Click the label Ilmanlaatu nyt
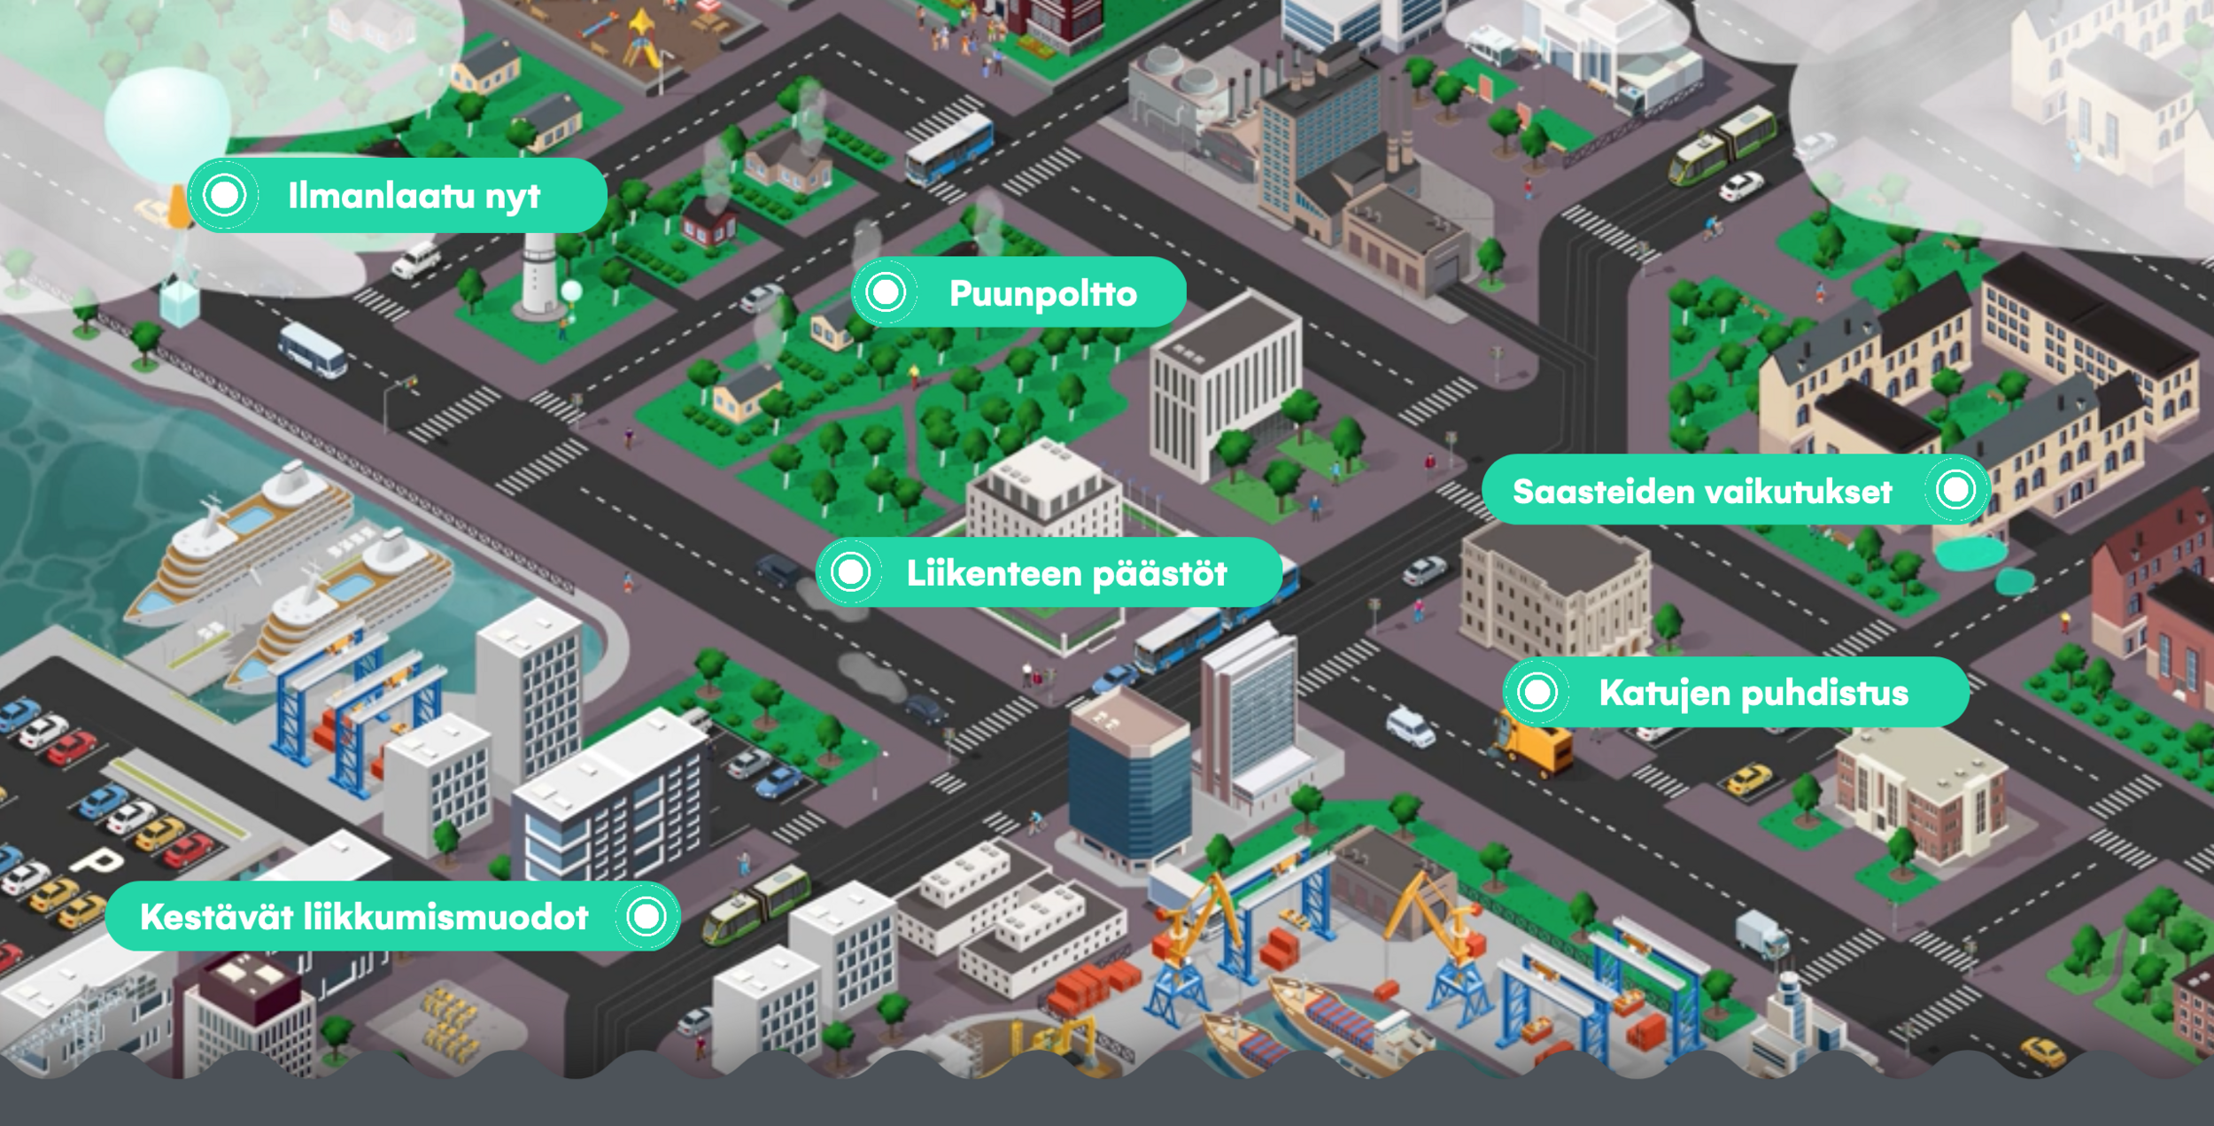[x=413, y=196]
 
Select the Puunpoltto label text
[x=1042, y=293]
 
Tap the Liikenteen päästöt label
[x=1066, y=573]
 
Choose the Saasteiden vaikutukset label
[x=1701, y=491]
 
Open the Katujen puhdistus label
[x=1753, y=693]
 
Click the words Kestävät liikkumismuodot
[x=364, y=917]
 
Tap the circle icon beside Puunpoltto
[x=886, y=292]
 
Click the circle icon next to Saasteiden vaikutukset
[x=1955, y=489]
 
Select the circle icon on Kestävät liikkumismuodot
[x=646, y=916]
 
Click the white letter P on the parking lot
[x=98, y=860]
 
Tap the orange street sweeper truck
[x=1537, y=746]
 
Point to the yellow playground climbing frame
[x=642, y=40]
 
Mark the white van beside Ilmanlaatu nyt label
[x=416, y=260]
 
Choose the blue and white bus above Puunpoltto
[x=948, y=148]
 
